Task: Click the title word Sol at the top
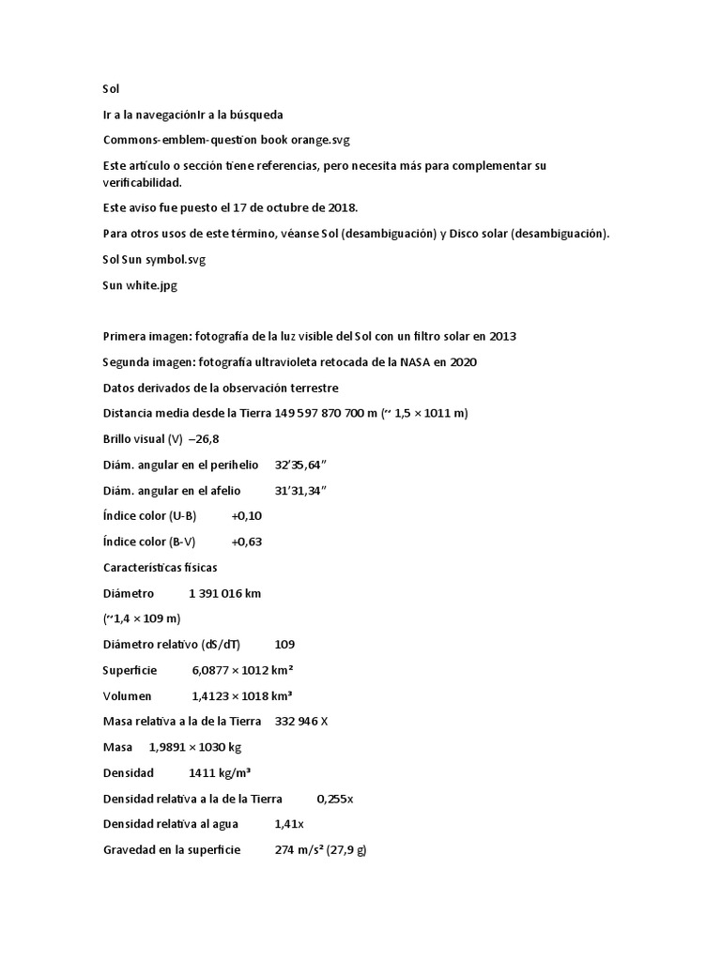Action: click(112, 88)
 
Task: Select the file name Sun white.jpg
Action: click(139, 286)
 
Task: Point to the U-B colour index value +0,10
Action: click(247, 515)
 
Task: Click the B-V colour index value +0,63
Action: click(247, 542)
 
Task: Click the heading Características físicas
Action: click(161, 567)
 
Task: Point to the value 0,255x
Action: click(334, 799)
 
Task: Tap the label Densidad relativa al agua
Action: click(170, 824)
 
